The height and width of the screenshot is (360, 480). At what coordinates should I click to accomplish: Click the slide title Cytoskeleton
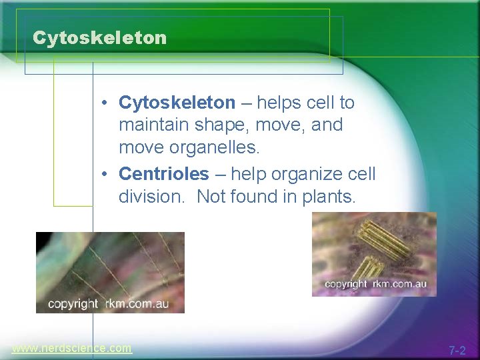coord(99,38)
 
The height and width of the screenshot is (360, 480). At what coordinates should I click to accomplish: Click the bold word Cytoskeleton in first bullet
coord(177,103)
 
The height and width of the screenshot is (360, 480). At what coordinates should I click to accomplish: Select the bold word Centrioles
coord(163,175)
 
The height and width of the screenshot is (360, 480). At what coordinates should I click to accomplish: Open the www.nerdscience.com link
coord(71,348)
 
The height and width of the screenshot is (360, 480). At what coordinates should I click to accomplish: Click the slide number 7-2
coord(457,350)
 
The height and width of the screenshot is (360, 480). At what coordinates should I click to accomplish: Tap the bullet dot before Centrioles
coord(105,175)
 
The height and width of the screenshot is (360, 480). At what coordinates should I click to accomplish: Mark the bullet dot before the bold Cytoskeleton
coord(105,103)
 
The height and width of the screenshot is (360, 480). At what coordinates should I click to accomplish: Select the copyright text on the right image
coord(375,284)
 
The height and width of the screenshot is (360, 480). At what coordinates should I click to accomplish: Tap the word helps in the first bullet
coord(280,103)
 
